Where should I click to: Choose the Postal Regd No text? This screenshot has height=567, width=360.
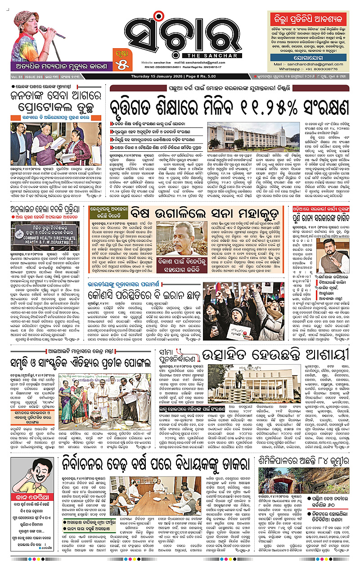[211, 66]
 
